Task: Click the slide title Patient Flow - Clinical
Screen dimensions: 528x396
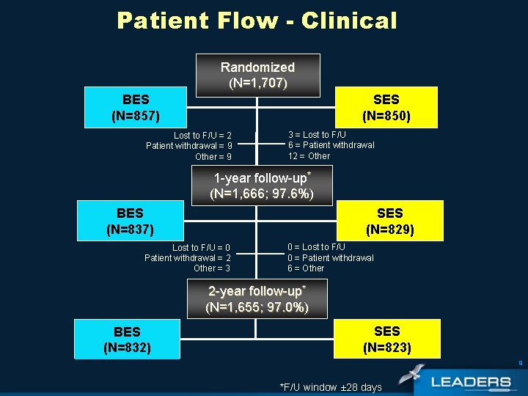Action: (x=257, y=21)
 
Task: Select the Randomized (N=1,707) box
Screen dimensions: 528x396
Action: (x=257, y=75)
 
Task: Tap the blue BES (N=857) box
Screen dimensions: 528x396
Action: (x=136, y=107)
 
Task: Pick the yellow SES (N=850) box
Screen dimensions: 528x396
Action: (x=386, y=107)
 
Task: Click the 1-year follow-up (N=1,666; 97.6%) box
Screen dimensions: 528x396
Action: (x=262, y=186)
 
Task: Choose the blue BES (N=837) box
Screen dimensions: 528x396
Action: (x=130, y=221)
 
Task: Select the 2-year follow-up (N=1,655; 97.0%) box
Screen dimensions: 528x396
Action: (x=257, y=298)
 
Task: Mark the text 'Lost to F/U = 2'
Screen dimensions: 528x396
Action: (x=202, y=136)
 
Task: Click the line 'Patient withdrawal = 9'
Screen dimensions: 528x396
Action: (x=189, y=146)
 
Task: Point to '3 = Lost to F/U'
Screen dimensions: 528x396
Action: (x=317, y=135)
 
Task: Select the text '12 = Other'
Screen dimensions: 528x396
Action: (x=309, y=155)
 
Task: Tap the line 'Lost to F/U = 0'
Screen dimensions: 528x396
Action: (x=201, y=248)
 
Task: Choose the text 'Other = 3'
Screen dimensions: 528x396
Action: (x=212, y=268)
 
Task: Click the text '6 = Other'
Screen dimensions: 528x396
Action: (x=306, y=268)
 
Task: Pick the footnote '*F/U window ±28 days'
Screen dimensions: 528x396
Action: (x=331, y=387)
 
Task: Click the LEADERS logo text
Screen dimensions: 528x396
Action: (x=471, y=382)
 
